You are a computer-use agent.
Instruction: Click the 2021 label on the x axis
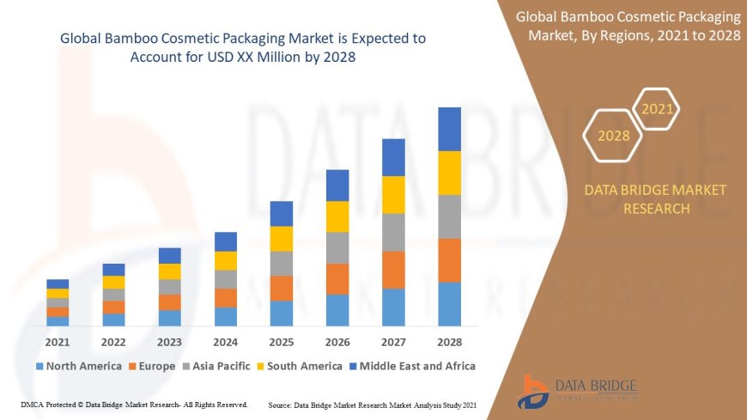click(x=58, y=341)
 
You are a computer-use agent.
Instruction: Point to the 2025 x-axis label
click(x=281, y=341)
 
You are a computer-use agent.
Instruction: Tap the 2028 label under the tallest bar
click(x=449, y=341)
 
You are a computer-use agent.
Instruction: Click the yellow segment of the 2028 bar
click(x=449, y=173)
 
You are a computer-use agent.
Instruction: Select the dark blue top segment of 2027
click(x=393, y=157)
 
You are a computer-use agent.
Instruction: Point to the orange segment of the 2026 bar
click(x=337, y=278)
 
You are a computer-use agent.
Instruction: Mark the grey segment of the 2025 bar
click(x=281, y=263)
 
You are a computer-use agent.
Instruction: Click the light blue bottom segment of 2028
click(x=449, y=303)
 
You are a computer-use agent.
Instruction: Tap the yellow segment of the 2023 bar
click(x=169, y=271)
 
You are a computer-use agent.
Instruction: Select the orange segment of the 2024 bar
click(x=225, y=297)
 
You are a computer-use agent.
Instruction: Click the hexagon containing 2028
click(x=613, y=136)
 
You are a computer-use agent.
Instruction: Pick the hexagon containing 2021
click(x=658, y=109)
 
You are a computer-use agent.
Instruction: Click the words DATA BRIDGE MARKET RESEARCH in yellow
click(x=655, y=198)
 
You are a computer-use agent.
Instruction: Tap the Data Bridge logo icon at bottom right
click(x=535, y=391)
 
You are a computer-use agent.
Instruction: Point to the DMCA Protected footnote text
click(x=134, y=404)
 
